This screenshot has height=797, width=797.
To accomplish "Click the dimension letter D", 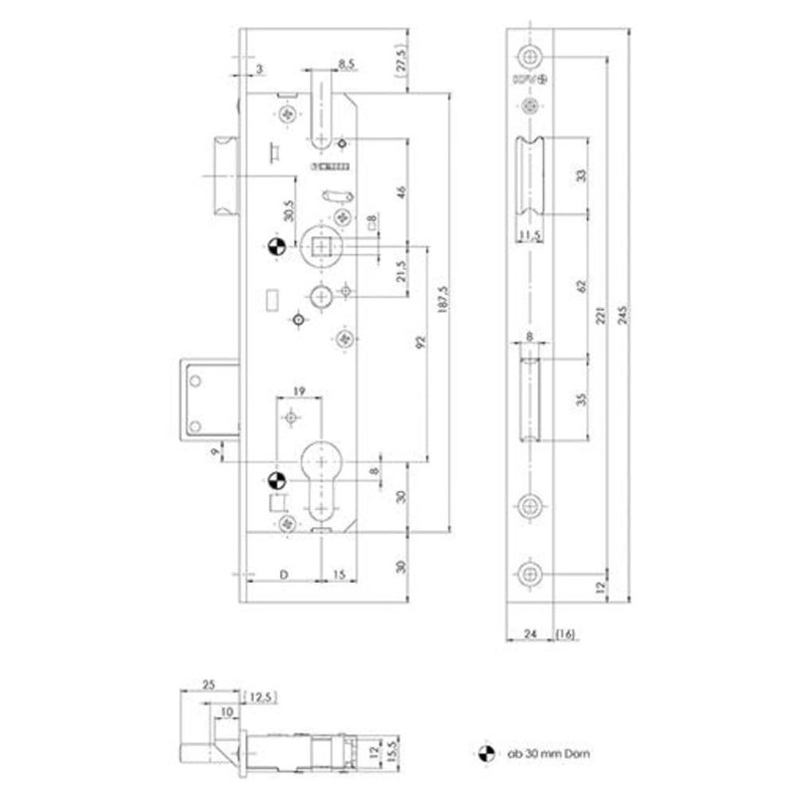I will pos(283,574).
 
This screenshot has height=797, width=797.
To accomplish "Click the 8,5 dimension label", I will pos(348,64).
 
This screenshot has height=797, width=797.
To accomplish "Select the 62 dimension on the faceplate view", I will pos(581,285).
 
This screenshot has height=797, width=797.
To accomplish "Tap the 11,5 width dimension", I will pos(530,235).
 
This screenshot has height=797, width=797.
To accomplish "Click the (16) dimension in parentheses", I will pos(566,634).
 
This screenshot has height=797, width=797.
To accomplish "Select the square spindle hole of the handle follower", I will pos(322,245).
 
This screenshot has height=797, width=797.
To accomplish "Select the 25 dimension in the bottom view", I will pos(207,684).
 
